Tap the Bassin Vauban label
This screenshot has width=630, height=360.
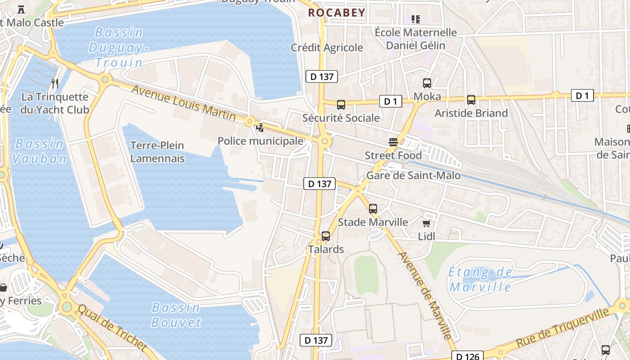(x=40, y=151)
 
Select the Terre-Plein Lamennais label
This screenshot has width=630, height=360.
(x=157, y=152)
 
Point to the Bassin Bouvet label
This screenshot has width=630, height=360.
(x=175, y=315)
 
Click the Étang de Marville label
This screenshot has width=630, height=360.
(x=481, y=279)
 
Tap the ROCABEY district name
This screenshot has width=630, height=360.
(x=337, y=13)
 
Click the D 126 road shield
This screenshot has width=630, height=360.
(x=468, y=356)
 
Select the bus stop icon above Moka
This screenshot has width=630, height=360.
(x=427, y=83)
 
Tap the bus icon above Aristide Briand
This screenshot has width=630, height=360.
(x=471, y=100)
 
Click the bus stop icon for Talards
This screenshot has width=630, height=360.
(x=326, y=236)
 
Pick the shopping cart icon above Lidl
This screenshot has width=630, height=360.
(x=426, y=223)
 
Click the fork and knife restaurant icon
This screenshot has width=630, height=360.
(x=55, y=83)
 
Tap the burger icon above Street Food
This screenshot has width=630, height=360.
(x=393, y=143)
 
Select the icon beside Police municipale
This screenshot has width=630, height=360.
(x=260, y=128)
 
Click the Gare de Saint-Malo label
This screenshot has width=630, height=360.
(x=414, y=175)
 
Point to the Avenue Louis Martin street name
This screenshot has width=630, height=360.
(x=183, y=103)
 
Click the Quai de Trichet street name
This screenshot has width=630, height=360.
(x=112, y=328)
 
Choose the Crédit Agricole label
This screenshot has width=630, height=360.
(x=327, y=47)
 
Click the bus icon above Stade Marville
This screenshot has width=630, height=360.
(x=373, y=209)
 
